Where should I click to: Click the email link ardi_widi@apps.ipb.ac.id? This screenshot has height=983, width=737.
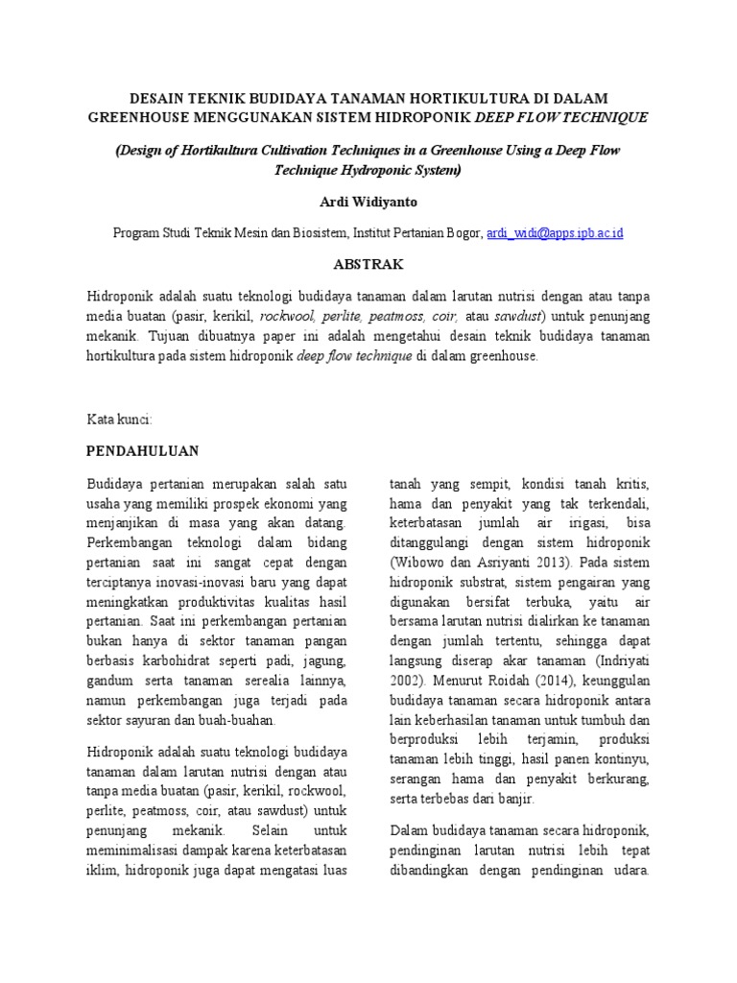[x=556, y=233]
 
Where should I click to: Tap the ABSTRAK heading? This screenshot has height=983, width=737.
[x=368, y=264]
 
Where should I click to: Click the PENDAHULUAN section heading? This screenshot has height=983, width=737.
[x=142, y=450]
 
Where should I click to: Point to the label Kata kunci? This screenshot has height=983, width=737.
[x=120, y=420]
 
